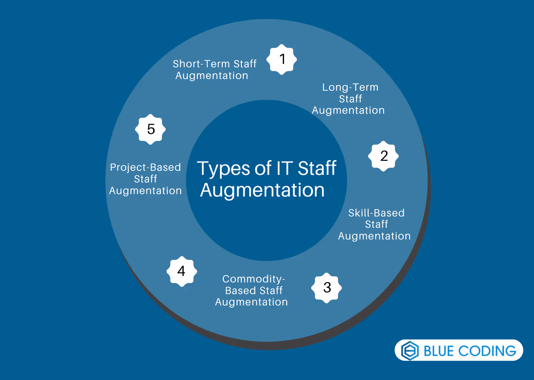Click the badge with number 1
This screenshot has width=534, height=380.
point(282,59)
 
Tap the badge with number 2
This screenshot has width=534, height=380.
point(383,156)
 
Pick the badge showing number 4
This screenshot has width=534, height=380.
point(182,271)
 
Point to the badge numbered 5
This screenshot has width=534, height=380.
point(150,129)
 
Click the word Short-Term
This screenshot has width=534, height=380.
point(201,64)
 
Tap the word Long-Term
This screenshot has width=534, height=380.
point(350,87)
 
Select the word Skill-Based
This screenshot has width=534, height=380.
point(376,213)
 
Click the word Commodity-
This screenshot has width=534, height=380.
point(254,279)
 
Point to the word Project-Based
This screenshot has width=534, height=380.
point(145,167)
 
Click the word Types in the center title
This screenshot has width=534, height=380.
point(223,169)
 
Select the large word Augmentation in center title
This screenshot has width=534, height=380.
point(262,190)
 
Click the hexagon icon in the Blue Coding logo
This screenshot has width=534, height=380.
point(410,350)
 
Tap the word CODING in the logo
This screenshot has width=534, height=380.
point(487,351)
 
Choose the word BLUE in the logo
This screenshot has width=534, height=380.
point(439,351)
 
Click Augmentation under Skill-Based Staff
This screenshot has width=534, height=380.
point(374,236)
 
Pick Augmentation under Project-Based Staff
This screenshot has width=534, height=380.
point(145,191)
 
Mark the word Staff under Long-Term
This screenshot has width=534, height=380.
point(350,99)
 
